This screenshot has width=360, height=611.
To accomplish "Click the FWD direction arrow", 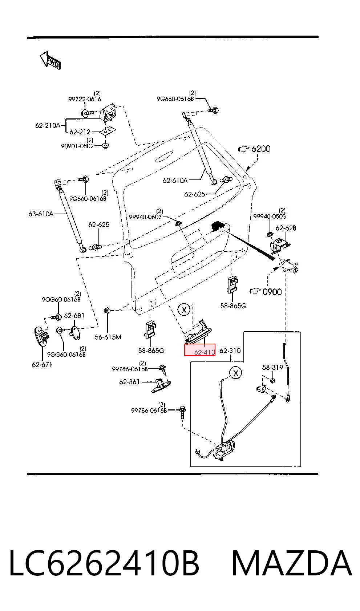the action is click(x=50, y=60).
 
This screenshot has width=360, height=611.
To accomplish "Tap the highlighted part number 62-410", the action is click(x=205, y=352).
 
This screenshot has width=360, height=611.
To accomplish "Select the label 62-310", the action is click(x=230, y=351).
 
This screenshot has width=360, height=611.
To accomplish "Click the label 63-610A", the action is click(x=41, y=214).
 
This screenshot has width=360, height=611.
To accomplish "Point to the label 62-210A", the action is click(x=48, y=125).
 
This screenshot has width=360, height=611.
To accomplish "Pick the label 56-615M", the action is click(x=108, y=337).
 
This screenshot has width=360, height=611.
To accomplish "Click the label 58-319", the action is click(x=272, y=367).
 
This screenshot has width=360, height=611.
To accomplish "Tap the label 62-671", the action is click(x=42, y=365).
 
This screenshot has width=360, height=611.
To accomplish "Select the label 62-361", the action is click(x=130, y=382).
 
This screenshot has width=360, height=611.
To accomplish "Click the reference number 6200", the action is click(x=261, y=149).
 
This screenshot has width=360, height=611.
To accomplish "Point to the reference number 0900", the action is click(x=272, y=292).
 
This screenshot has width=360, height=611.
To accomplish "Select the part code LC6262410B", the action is click(x=105, y=563).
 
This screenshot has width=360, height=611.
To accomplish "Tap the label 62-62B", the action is click(x=286, y=228).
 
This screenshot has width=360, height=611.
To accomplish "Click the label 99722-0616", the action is click(x=85, y=99).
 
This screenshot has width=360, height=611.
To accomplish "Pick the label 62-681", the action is click(x=74, y=316).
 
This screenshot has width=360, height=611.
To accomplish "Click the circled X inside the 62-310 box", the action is click(x=236, y=373).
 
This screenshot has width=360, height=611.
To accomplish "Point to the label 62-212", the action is click(x=80, y=132).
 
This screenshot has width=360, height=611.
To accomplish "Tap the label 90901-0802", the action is click(x=77, y=146).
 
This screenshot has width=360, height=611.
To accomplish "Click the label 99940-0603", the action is click(x=145, y=217).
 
